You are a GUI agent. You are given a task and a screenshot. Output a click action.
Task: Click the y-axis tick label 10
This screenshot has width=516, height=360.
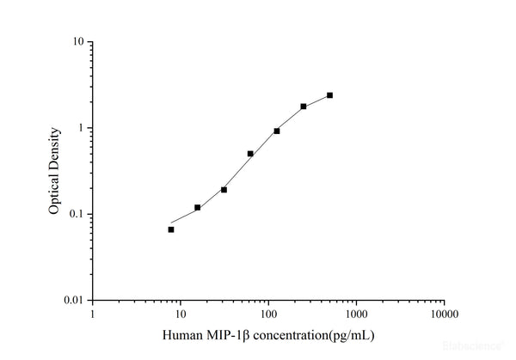[x=77, y=42]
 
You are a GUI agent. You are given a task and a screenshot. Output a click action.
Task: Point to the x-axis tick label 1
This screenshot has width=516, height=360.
[x=93, y=314]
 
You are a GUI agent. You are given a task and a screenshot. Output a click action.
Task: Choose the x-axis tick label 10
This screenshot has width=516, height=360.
[x=181, y=314]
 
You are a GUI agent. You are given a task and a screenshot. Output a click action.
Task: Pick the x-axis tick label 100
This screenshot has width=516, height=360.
[x=268, y=314]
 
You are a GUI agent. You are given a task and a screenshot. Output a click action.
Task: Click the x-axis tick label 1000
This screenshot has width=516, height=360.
[x=356, y=314]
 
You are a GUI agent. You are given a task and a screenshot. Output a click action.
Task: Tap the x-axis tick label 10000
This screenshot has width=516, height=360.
[x=444, y=314]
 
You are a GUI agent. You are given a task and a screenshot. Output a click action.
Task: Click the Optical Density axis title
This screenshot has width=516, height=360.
[x=53, y=171]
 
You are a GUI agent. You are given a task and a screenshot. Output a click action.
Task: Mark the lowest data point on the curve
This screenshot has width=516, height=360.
[x=171, y=229]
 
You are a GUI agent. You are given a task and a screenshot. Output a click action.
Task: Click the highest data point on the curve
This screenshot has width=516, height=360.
[x=329, y=95]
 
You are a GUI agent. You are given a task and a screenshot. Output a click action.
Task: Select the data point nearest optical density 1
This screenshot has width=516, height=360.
[x=277, y=131]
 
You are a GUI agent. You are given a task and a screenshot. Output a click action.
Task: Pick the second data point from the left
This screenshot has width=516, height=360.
[x=198, y=207]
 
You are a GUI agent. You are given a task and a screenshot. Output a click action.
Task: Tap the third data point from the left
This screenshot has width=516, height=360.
[x=224, y=189]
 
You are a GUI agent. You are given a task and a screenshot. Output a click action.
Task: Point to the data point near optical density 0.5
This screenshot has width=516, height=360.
[x=250, y=154]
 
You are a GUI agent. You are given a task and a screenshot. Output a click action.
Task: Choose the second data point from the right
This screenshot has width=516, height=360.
[x=304, y=107]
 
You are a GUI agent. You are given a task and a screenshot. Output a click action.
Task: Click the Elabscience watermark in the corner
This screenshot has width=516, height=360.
[x=472, y=347]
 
